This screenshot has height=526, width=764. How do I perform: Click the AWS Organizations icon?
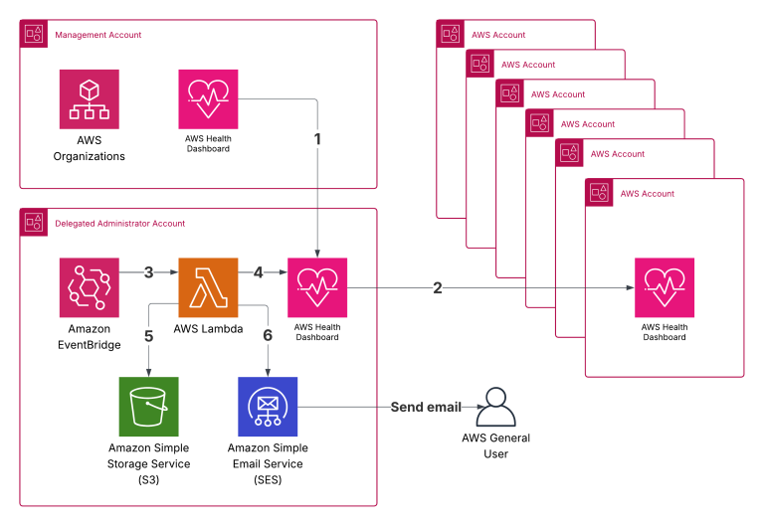click(89, 98)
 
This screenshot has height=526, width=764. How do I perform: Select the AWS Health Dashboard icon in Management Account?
click(208, 98)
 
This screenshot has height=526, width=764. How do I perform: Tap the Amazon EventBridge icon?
click(89, 287)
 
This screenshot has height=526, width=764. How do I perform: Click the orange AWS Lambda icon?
click(208, 287)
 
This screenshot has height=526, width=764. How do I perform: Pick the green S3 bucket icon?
click(148, 407)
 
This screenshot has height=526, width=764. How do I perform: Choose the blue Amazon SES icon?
click(268, 407)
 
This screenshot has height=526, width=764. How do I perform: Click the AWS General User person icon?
click(495, 406)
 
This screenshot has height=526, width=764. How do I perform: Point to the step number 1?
click(317, 139)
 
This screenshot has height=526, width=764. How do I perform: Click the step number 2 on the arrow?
click(438, 288)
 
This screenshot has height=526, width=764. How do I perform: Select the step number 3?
click(148, 270)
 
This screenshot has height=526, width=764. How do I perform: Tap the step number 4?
click(258, 270)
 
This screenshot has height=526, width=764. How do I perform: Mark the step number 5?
click(148, 336)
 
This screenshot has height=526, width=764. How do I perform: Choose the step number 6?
click(268, 336)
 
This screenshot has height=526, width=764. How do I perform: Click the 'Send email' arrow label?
click(426, 407)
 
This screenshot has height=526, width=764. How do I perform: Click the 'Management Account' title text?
click(97, 35)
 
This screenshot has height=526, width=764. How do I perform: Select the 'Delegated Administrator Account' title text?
click(119, 224)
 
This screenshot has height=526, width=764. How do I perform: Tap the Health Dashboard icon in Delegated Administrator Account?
click(317, 287)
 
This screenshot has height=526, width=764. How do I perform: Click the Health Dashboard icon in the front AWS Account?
click(664, 287)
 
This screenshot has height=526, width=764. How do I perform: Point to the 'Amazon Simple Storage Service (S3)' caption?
click(149, 463)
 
